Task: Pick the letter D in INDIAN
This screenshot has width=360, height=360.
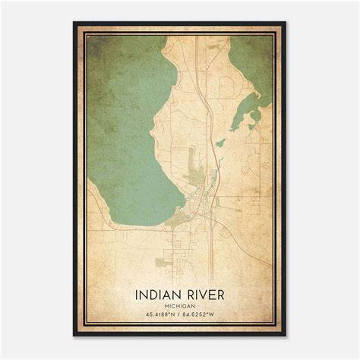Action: point(154,292)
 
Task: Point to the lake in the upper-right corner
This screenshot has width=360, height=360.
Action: point(252,61)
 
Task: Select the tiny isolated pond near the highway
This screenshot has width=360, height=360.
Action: point(220,142)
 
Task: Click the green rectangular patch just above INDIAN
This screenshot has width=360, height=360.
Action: point(163,262)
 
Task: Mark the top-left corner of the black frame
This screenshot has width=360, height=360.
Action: point(74,22)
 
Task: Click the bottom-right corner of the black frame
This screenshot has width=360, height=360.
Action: point(286,336)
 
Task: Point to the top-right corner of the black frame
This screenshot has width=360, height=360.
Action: point(286,22)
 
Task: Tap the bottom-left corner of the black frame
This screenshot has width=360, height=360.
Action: point(74,336)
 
